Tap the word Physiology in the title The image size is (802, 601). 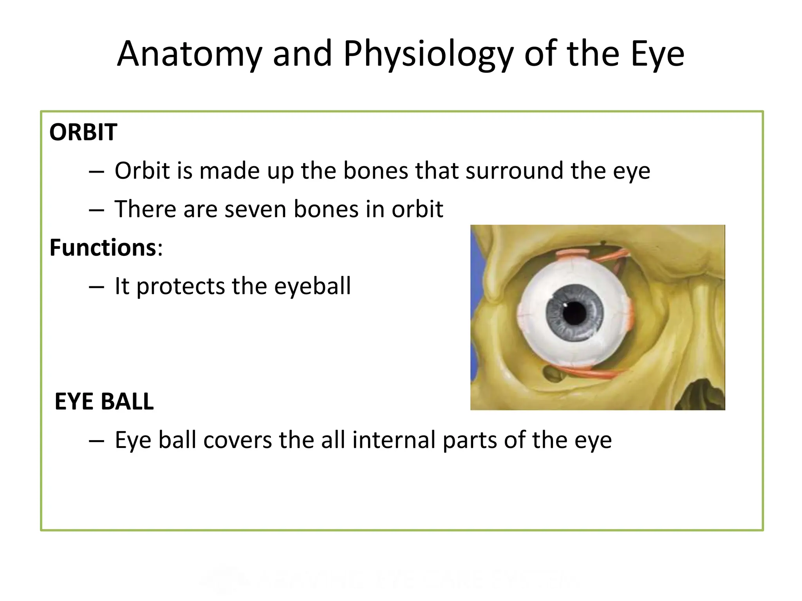pyautogui.click(x=428, y=55)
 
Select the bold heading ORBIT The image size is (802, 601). pyautogui.click(x=83, y=132)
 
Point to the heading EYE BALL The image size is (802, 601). pyautogui.click(x=104, y=401)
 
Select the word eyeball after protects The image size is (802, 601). pyautogui.click(x=312, y=286)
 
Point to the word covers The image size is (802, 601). pyautogui.click(x=238, y=440)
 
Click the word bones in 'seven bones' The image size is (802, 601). pyautogui.click(x=326, y=209)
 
